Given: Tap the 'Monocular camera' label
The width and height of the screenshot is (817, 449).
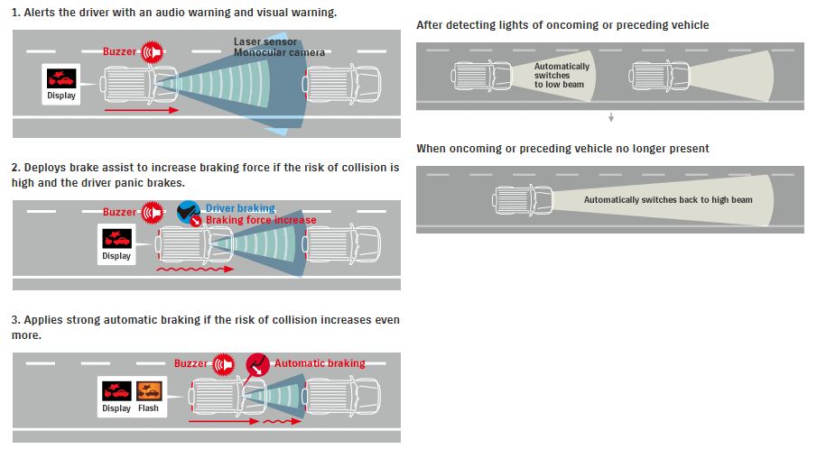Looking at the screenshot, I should [x=280, y=52].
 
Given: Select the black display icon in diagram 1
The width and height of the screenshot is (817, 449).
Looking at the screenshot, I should [x=62, y=77].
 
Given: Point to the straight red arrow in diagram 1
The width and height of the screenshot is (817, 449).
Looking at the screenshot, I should [x=136, y=110].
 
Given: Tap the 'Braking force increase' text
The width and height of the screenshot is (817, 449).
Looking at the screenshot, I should [x=261, y=220].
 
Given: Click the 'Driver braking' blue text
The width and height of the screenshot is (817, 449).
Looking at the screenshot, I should [x=240, y=208].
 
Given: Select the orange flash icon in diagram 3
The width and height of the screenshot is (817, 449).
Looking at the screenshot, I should [x=148, y=391].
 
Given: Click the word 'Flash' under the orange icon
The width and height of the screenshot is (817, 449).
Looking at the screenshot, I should [x=148, y=408].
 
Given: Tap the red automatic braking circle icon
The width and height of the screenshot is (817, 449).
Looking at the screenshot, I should [x=258, y=364].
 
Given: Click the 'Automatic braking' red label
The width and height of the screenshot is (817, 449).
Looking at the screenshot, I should [x=320, y=363].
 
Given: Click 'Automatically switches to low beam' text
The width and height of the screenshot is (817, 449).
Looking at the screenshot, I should [x=562, y=76].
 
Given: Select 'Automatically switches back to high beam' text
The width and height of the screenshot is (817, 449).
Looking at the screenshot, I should [x=667, y=200].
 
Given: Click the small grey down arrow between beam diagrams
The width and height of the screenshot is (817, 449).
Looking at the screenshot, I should [x=611, y=117].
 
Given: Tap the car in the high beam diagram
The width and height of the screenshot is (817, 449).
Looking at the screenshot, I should [x=524, y=199].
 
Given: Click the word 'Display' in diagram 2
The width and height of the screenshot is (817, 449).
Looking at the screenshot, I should [x=116, y=256].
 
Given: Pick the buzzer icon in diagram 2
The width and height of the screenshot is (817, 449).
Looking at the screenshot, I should [x=152, y=213].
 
